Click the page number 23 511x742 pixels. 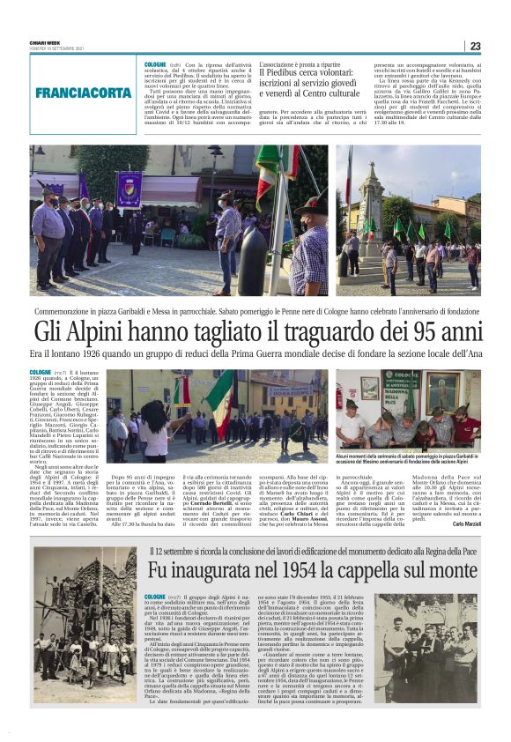[x=475, y=47]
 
